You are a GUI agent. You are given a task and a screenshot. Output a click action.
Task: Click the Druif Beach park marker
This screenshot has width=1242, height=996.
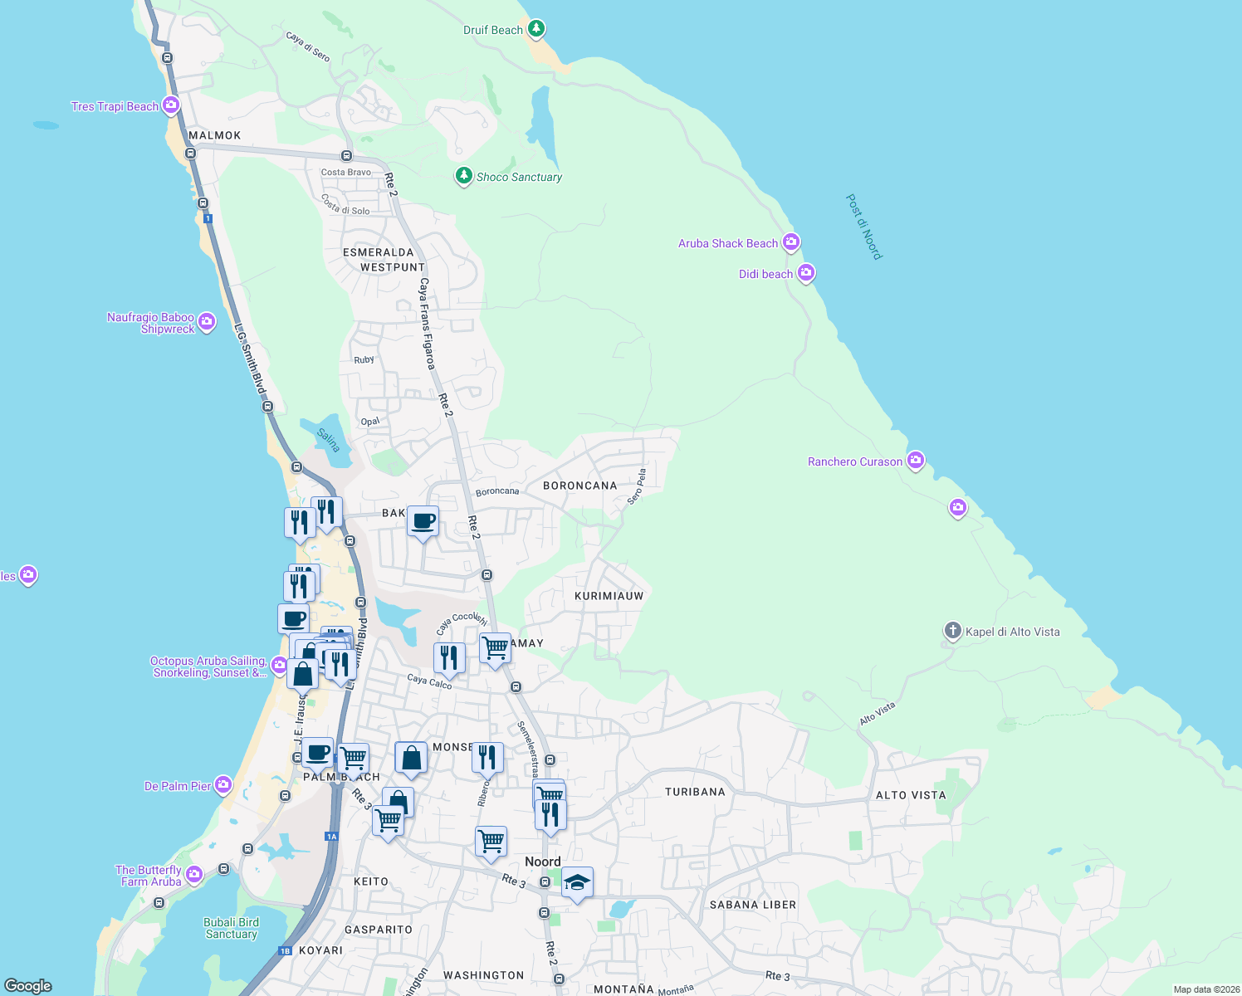pos(536,29)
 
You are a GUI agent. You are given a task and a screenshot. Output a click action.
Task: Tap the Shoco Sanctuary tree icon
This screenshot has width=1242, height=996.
pos(464,176)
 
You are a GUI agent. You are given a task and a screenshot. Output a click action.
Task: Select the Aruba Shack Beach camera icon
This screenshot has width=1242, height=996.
pos(791,242)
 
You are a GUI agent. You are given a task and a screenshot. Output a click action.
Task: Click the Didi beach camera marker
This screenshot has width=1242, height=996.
pos(806,273)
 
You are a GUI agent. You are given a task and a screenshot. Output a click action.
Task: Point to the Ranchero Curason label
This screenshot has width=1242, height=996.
pos(855,461)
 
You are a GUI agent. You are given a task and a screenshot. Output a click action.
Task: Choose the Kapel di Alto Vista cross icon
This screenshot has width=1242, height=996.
pos(952,631)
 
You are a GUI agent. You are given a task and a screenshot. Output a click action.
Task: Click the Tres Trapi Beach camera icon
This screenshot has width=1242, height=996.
pos(171,105)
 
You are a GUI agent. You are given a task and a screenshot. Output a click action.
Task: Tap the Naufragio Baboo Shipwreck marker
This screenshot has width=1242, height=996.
pos(207,321)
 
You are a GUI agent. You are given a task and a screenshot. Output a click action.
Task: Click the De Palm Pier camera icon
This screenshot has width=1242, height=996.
pos(223,784)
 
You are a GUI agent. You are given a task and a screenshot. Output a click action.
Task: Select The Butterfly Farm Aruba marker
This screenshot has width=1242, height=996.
pos(194,874)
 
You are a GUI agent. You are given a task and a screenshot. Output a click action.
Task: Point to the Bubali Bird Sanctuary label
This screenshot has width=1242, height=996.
pos(232,928)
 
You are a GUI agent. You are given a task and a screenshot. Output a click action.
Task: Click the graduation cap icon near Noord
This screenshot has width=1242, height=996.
pos(577,882)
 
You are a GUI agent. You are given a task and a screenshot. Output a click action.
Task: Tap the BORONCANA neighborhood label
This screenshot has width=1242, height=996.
pos(579,486)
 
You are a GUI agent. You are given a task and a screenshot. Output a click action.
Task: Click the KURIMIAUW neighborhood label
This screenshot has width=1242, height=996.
pos(609,596)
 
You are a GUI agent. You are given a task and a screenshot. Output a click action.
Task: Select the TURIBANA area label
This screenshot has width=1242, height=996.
pos(695,792)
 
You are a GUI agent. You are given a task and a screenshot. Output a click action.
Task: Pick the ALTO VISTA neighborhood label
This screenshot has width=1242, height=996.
pos(911,795)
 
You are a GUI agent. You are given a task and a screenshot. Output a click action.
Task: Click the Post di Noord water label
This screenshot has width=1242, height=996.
pos(863,227)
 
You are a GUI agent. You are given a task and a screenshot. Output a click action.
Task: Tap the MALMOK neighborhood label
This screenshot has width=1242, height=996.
pos(214,135)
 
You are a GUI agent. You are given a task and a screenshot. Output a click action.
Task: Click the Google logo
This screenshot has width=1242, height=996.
pos(28,986)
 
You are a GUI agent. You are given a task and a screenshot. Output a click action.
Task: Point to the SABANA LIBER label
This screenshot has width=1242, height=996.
pos(752,905)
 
